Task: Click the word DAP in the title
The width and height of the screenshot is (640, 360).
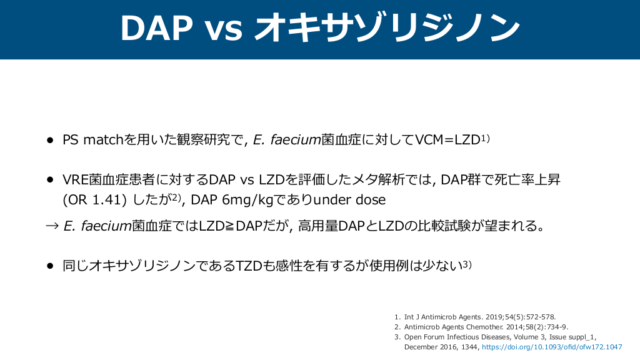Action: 156,28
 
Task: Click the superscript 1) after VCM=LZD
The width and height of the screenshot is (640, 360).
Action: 485,138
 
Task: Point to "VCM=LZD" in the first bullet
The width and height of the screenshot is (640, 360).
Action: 447,139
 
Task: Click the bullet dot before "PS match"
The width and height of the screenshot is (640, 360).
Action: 50,141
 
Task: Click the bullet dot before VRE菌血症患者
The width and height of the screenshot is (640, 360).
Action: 50,179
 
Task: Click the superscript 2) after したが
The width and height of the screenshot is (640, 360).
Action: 176,197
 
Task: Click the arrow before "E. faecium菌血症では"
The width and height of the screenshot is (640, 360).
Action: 52,226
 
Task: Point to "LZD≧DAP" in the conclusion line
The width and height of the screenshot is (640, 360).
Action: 230,225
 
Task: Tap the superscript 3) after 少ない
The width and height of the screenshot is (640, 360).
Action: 467,264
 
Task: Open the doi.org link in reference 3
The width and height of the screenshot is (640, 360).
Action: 552,347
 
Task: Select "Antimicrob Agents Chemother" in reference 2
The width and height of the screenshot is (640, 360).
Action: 454,327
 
